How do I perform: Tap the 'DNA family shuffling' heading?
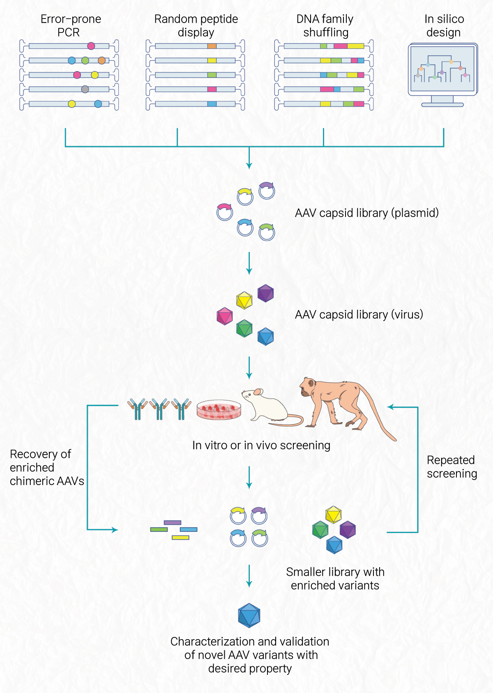(325, 25)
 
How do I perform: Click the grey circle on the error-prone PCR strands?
(85, 89)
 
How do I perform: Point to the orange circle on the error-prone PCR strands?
(101, 61)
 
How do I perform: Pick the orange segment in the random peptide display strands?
(212, 46)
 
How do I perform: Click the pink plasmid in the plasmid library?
(224, 211)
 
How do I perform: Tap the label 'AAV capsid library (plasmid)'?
(366, 213)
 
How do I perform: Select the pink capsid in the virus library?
(225, 316)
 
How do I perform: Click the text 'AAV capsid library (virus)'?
(359, 314)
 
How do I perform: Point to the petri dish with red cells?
(219, 410)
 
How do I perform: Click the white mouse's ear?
(258, 392)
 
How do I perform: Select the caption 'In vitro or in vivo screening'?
(261, 445)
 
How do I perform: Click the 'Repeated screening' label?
(452, 467)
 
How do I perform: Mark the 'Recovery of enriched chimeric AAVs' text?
(46, 467)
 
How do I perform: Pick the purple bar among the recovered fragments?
(173, 522)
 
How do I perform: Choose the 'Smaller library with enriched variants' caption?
(335, 578)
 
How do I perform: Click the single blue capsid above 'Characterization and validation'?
(249, 615)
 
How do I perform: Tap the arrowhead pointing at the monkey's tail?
(390, 407)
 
